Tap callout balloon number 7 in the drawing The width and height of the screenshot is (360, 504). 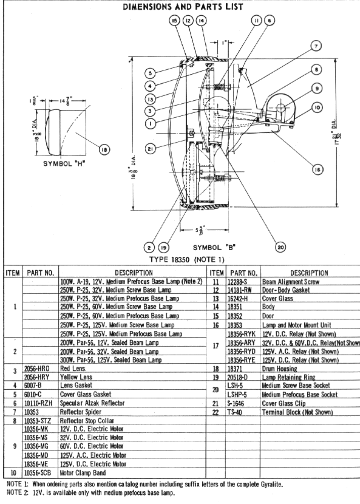(316, 46)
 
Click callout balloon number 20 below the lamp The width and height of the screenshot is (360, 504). (279, 247)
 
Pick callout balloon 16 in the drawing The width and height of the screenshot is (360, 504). (317, 169)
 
